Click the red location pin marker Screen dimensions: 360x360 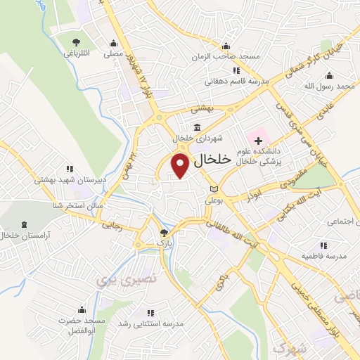pos(181,166)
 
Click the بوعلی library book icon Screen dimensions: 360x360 pos(214,189)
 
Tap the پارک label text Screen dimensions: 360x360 pos(164,243)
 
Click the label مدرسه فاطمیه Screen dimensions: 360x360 pos(324,257)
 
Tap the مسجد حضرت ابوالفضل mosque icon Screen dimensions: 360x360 pos(82,310)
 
